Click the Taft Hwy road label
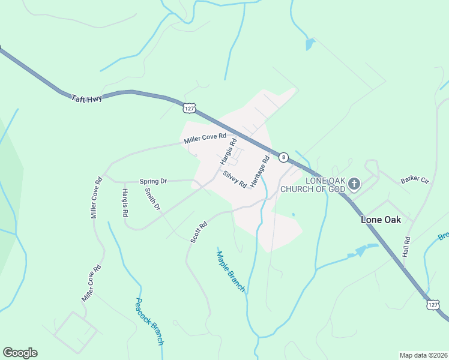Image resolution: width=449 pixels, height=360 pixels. click(86, 98)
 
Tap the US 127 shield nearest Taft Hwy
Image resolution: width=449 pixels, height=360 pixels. click(190, 108)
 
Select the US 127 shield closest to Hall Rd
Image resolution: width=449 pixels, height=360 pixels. click(433, 305)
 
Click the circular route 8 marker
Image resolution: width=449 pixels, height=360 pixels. click(283, 157)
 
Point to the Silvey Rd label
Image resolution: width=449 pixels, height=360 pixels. click(235, 180)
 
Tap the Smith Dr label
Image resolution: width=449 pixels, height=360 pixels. click(152, 199)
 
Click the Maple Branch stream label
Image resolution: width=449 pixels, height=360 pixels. click(231, 271)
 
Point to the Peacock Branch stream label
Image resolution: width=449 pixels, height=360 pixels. click(149, 321)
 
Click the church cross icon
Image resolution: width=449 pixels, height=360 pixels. click(354, 184)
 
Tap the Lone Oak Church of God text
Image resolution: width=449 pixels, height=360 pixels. click(325, 185)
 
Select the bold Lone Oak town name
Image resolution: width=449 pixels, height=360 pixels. click(381, 220)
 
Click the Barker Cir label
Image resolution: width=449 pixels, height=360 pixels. click(417, 179)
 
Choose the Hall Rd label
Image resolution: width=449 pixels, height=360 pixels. click(407, 247)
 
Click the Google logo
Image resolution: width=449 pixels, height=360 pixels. click(20, 353)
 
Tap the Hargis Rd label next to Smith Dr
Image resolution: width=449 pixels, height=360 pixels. click(125, 202)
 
